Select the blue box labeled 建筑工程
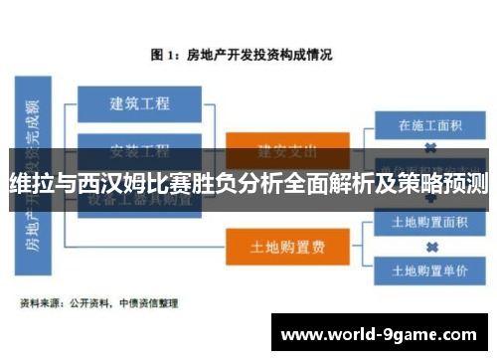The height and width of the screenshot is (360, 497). (139, 102)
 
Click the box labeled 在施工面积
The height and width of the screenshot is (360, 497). (429, 126)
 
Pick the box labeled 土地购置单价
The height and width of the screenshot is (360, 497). (429, 270)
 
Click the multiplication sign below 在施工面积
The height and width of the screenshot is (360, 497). (429, 147)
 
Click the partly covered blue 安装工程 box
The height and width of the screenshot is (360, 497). (139, 151)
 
